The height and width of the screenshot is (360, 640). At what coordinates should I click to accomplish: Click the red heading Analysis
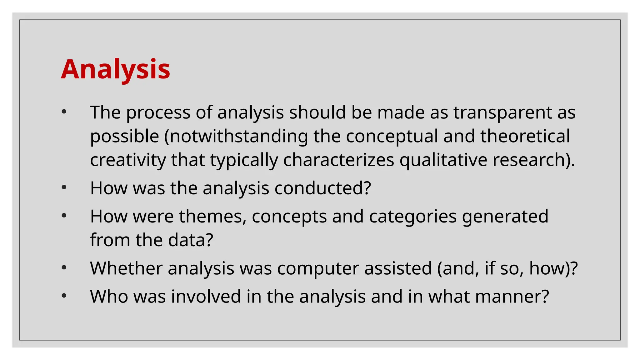116,69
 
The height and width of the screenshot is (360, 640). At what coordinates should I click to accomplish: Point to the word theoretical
525,136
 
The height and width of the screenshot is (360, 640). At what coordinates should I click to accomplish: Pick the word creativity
128,160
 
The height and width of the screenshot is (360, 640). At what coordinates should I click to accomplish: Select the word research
530,160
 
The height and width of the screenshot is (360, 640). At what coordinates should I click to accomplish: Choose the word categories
412,216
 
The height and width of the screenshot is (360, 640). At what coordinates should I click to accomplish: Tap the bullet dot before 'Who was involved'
64,295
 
